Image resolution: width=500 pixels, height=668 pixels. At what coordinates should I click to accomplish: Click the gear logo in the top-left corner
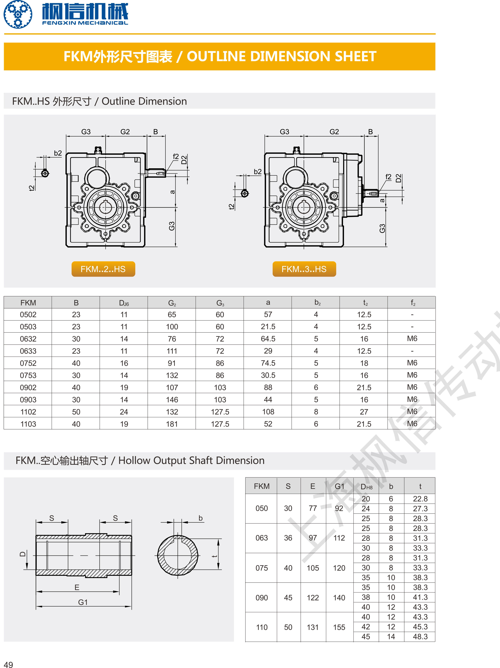18,14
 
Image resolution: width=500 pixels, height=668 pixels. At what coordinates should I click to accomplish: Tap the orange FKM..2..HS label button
103,269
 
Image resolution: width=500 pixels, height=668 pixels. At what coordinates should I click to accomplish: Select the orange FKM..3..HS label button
304,269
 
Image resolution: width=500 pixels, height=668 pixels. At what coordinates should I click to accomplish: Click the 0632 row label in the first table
28,339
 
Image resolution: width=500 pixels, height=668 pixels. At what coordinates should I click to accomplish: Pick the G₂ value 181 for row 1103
172,424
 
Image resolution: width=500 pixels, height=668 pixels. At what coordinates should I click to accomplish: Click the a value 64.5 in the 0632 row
268,339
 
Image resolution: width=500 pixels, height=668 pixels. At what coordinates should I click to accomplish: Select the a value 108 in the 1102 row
268,412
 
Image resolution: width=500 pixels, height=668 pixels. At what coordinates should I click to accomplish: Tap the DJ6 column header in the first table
124,303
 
